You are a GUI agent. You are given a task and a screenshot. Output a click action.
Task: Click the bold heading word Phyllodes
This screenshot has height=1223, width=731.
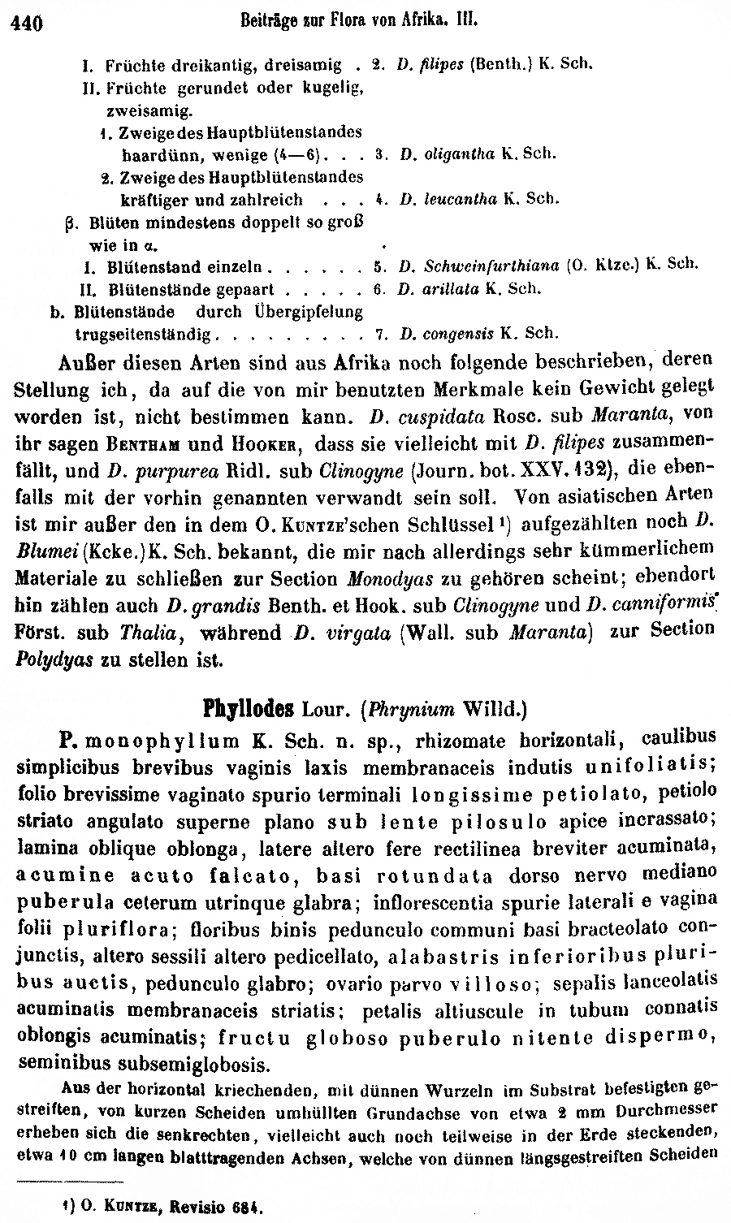248,708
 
